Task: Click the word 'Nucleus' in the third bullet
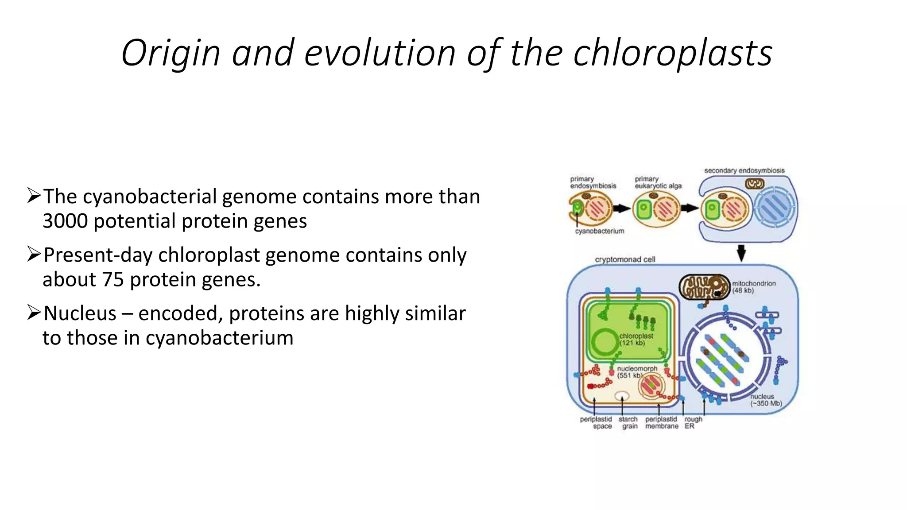[x=80, y=313]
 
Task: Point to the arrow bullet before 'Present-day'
[x=34, y=254]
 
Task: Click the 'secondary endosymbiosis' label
[x=744, y=170]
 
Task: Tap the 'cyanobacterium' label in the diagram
[x=599, y=231]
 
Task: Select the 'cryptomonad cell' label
[x=625, y=259]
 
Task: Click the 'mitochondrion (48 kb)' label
[x=753, y=287]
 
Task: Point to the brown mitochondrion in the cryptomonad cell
[x=704, y=286]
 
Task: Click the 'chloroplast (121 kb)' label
[x=636, y=340]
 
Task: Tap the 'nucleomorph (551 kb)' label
[x=637, y=372]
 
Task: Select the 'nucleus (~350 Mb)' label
[x=765, y=400]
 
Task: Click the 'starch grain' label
[x=628, y=423]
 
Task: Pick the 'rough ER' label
[x=693, y=423]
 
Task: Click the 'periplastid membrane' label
[x=661, y=423]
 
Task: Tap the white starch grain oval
[x=622, y=396]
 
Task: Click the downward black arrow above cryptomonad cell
[x=741, y=253]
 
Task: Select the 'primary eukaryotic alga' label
[x=658, y=182]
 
